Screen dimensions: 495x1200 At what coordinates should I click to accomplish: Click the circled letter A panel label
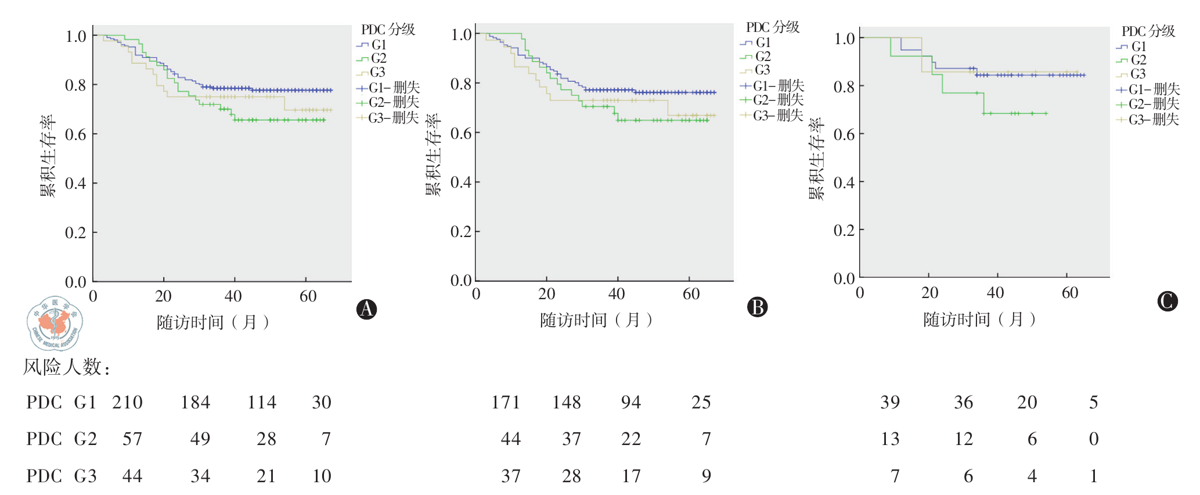366,309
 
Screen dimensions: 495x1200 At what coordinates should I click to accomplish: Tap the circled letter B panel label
757,307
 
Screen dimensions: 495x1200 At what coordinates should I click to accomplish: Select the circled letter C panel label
1167,301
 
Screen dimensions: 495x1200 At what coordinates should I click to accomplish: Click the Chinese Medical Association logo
55,324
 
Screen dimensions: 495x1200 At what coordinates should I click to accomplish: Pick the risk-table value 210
127,403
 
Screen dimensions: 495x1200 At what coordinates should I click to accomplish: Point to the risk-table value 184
195,403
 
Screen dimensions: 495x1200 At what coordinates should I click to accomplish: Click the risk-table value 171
506,403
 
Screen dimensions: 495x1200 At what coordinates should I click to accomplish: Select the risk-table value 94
631,403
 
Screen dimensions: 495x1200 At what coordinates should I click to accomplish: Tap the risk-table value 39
890,403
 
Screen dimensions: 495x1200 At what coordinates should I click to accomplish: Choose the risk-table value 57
132,439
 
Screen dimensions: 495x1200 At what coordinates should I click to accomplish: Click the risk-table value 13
890,439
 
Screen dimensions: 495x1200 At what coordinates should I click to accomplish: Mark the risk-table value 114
262,403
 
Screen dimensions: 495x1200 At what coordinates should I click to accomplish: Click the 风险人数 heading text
66,367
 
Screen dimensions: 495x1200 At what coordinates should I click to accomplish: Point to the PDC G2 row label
62,439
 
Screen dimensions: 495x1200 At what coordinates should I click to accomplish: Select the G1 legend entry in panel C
1131,46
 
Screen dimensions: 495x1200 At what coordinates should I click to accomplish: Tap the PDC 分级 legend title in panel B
773,27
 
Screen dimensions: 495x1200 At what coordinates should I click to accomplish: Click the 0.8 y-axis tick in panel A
75,85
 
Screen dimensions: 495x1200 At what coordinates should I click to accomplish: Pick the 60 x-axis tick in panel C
1069,293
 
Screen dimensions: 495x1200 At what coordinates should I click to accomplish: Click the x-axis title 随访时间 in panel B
596,320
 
